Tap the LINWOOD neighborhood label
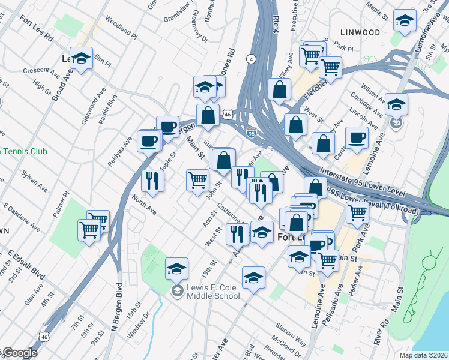pyautogui.click(x=360, y=31)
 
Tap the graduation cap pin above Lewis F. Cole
pyautogui.click(x=176, y=269)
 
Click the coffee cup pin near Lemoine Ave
pyautogui.click(x=358, y=138)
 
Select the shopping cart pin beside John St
pyautogui.click(x=197, y=179)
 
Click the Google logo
pyautogui.click(x=19, y=353)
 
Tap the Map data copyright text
pyautogui.click(x=424, y=355)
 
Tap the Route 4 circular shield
pyautogui.click(x=251, y=59)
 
